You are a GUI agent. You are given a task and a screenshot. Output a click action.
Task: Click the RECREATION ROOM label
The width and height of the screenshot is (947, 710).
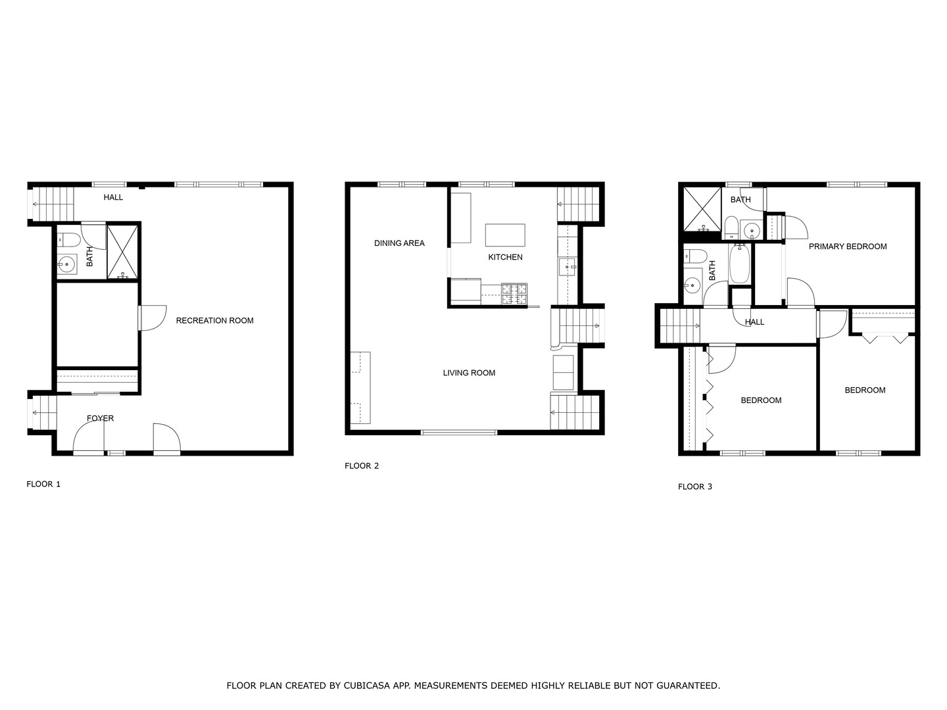[x=214, y=321]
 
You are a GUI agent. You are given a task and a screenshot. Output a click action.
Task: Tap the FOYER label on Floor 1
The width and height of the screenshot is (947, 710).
[x=100, y=418]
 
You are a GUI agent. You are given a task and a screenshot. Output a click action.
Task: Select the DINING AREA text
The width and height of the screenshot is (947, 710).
[x=399, y=243]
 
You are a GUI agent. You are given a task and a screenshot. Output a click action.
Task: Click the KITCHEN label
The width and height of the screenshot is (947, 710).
[x=505, y=257]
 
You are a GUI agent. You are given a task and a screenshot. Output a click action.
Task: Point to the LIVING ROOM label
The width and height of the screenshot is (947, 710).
[x=469, y=373]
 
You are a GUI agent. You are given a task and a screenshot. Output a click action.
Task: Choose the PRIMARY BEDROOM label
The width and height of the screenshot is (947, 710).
[x=847, y=247]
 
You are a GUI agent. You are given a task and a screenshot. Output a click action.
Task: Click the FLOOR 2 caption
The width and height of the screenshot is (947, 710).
[x=362, y=466]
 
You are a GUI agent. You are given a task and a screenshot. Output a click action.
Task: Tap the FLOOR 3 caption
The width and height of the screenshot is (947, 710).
[x=695, y=486]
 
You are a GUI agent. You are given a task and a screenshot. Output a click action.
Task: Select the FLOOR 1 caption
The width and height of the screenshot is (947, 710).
[x=43, y=485]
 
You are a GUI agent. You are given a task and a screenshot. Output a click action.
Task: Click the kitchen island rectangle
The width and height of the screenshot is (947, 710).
[x=505, y=235]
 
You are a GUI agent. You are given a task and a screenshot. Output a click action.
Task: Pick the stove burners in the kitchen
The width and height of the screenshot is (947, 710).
[x=514, y=294]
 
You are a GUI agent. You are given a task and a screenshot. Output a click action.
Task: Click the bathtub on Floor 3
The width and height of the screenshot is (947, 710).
[x=740, y=263]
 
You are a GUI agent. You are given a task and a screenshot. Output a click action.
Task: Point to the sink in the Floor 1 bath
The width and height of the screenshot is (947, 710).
[x=66, y=266]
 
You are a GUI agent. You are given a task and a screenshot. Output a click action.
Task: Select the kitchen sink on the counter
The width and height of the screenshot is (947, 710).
[x=567, y=266]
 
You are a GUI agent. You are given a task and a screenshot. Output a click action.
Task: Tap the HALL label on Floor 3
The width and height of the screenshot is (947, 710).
[x=754, y=322]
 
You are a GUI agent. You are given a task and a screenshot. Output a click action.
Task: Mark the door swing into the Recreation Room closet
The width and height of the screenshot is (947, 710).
[x=153, y=318]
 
